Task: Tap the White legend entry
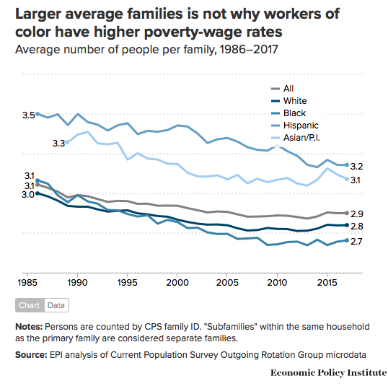[x=295, y=101]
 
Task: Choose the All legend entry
[x=289, y=89]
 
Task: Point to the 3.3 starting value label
[x=58, y=144]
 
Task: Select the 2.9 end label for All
[x=356, y=214]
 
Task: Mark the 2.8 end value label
[x=356, y=227]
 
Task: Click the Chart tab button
[x=30, y=305]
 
